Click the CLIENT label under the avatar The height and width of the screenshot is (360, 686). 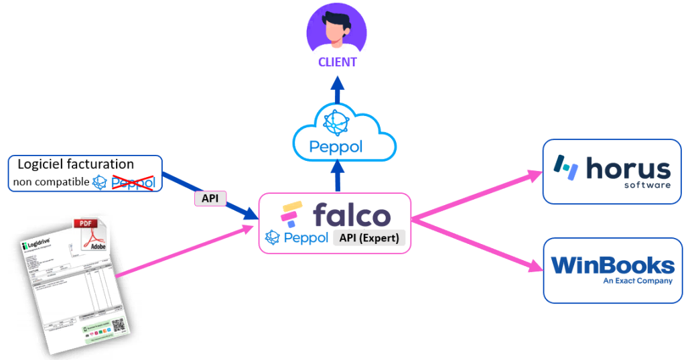[x=337, y=62]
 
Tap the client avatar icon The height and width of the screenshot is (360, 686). [x=336, y=28]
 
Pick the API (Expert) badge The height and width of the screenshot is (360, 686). [x=369, y=237]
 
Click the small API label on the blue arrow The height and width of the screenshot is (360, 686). [x=210, y=199]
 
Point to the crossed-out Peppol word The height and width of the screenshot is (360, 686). [x=133, y=182]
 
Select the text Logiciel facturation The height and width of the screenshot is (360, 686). [x=75, y=164]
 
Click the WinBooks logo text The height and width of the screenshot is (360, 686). [x=612, y=265]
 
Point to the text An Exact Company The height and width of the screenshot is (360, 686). [x=637, y=281]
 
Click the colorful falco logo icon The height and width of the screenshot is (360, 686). [x=291, y=215]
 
